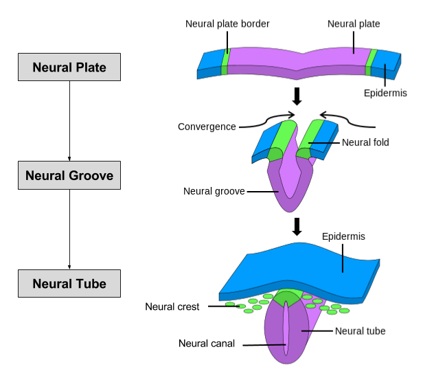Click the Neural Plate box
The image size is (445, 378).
pos(69,68)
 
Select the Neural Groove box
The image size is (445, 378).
pos(69,175)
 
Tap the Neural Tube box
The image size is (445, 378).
pos(69,283)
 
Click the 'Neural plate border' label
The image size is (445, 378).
pos(227,24)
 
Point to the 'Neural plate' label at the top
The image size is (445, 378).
pos(354,24)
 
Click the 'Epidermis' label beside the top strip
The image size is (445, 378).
pos(385,92)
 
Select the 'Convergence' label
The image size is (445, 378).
pos(207,126)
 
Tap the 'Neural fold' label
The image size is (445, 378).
pos(365,143)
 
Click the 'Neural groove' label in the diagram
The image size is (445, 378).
pos(214,191)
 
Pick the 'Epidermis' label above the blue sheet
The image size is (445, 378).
pos(343,236)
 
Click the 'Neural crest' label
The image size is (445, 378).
pos(172,307)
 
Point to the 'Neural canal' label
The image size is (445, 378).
pos(207,344)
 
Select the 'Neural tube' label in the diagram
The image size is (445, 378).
pos(360,331)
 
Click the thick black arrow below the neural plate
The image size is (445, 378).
pos(297,97)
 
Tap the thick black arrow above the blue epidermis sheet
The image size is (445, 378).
pos(297,226)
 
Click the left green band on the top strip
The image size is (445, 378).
pos(225,60)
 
